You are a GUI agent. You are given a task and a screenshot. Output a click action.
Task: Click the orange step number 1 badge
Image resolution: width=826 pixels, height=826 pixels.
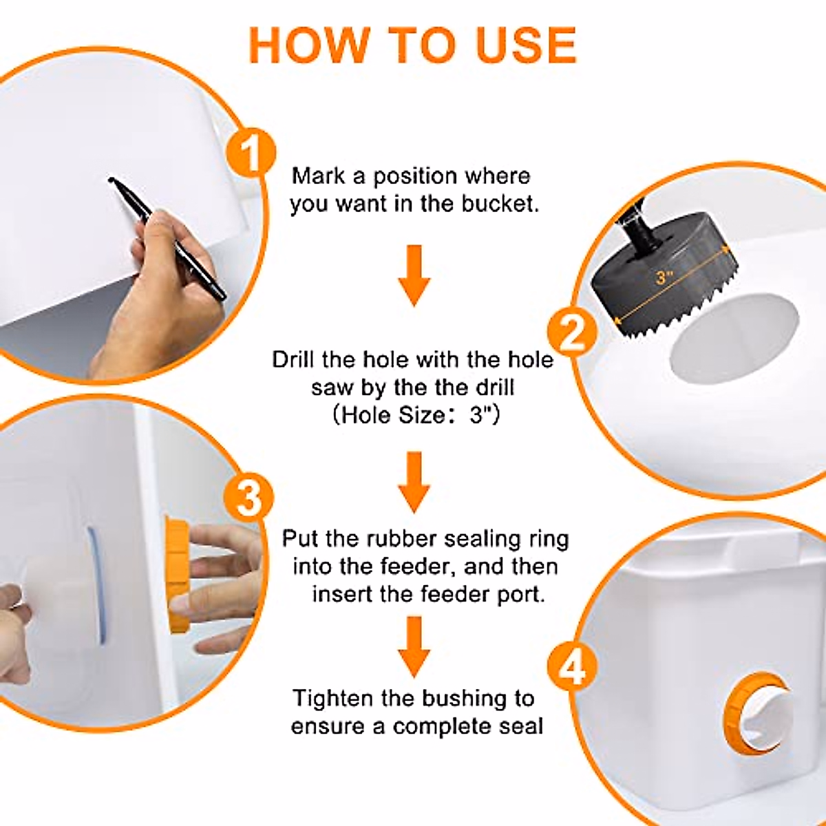point(250,153)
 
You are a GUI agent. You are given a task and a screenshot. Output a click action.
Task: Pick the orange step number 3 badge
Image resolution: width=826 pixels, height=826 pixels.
point(248,497)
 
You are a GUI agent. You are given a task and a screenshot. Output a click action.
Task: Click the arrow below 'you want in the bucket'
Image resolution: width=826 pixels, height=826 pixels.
point(414,275)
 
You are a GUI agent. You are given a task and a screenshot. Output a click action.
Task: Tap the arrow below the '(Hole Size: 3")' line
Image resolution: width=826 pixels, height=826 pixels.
point(414,482)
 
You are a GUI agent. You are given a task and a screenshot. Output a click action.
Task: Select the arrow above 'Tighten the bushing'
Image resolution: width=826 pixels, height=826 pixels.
point(414,647)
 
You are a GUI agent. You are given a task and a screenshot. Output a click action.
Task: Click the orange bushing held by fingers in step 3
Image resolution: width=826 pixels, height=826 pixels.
point(178,575)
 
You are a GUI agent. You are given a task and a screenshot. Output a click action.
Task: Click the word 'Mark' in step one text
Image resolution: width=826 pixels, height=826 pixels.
point(318,176)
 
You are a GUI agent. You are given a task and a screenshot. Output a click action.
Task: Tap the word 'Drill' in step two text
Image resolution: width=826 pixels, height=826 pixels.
point(294,360)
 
